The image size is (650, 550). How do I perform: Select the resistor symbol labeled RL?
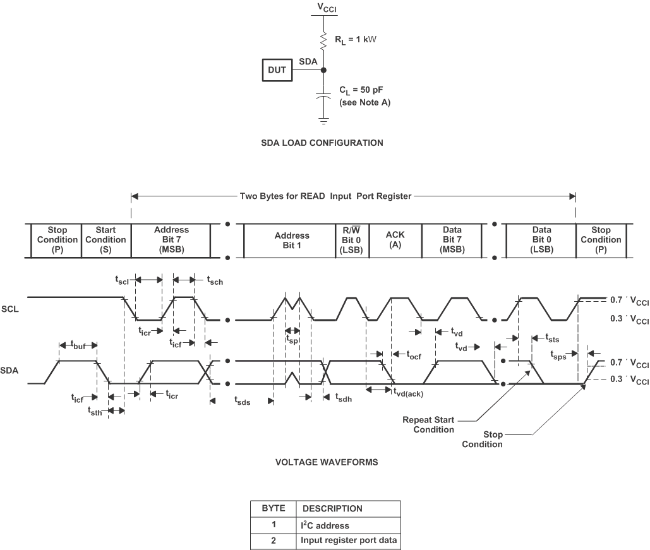(324, 40)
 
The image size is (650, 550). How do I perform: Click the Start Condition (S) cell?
(106, 240)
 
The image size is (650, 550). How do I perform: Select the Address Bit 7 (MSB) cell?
(171, 240)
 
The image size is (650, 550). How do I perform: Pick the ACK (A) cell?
(395, 240)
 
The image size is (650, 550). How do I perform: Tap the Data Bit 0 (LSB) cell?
(541, 240)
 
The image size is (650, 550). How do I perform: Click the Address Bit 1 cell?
(292, 240)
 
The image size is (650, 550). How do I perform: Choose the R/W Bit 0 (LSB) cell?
(352, 240)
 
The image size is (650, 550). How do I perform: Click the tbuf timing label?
(78, 345)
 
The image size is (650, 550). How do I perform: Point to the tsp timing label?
(291, 338)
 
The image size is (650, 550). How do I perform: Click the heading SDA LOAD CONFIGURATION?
(322, 143)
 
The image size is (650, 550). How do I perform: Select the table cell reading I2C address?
(324, 525)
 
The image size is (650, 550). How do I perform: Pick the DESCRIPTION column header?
(332, 508)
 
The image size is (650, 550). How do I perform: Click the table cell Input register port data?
(348, 540)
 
